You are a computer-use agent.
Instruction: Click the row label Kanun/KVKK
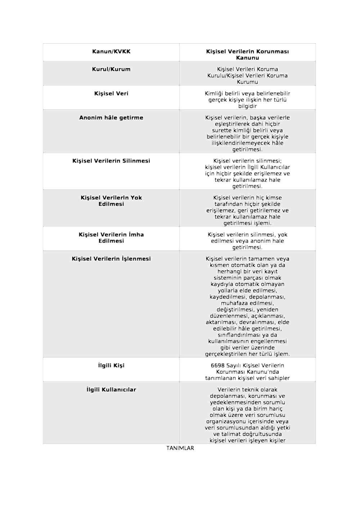(x=111, y=51)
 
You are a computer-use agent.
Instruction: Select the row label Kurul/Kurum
(x=111, y=69)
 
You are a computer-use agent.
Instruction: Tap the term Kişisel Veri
(x=111, y=93)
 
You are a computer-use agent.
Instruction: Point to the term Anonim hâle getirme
(x=111, y=117)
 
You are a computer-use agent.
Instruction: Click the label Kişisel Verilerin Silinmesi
(x=111, y=161)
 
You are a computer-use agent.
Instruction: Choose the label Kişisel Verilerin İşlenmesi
(x=111, y=258)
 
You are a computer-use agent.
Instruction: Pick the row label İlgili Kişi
(x=111, y=365)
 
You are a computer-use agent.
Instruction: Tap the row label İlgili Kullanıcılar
(x=111, y=389)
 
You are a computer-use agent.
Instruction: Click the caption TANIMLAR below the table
(x=180, y=448)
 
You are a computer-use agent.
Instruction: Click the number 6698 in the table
(x=218, y=365)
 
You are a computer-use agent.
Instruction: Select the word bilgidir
(x=247, y=106)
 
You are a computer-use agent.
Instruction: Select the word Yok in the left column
(x=136, y=198)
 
